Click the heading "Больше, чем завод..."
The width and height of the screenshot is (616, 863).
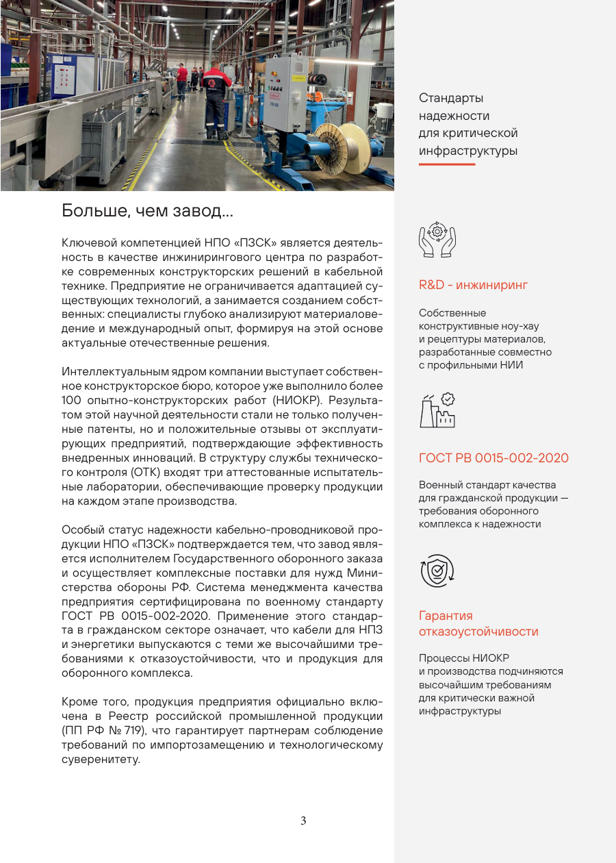click(148, 211)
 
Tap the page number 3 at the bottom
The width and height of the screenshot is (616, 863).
click(303, 821)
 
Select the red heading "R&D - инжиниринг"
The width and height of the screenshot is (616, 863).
click(473, 284)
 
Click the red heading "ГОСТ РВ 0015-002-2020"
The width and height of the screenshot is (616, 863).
click(493, 458)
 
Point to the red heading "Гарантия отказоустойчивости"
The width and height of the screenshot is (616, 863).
click(478, 623)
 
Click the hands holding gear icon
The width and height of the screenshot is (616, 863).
click(437, 239)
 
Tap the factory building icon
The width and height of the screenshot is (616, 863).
click(437, 410)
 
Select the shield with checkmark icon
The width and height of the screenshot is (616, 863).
click(437, 571)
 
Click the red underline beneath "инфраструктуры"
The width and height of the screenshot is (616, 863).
click(446, 164)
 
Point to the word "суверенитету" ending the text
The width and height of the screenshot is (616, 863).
click(101, 760)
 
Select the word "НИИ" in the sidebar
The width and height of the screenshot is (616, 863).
click(512, 364)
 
